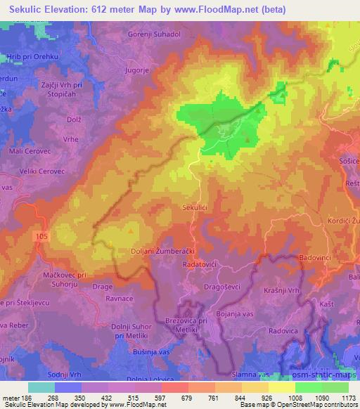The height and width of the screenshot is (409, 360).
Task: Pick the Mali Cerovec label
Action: [x=26, y=150]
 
